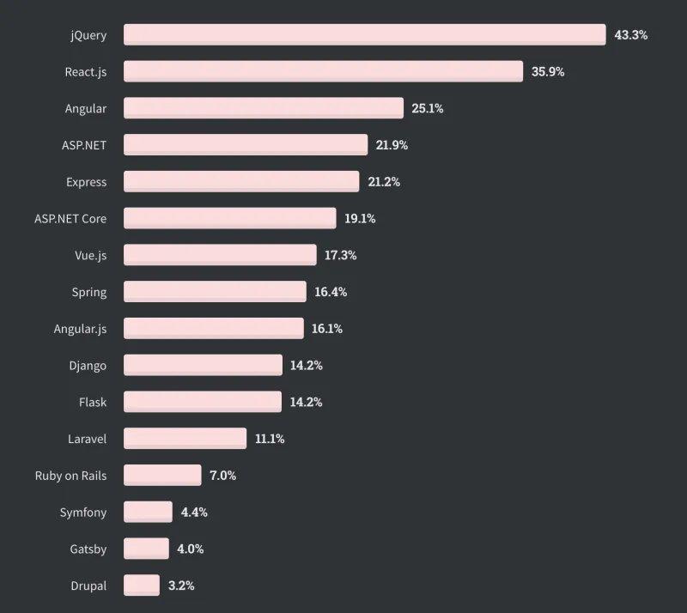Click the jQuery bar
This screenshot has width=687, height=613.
point(365,35)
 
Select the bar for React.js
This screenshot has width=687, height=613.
point(323,71)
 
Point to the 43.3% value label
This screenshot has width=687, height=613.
point(630,35)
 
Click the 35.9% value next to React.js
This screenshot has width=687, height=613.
point(548,72)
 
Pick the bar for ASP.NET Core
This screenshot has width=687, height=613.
point(229,218)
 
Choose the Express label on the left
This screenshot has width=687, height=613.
point(86,182)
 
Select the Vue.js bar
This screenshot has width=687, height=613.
point(220,255)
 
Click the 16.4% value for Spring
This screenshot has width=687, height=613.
point(331,292)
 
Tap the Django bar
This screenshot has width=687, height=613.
point(203,365)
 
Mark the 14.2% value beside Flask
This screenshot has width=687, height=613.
point(306,402)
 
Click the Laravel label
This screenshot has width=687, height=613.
point(87,439)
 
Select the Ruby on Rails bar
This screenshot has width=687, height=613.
point(162,475)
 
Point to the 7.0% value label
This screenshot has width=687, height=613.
point(222,476)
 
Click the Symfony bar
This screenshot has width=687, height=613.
point(148,512)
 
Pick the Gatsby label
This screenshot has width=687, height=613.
point(88,549)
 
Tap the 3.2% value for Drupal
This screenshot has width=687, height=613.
point(181,586)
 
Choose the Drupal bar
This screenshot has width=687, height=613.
point(142,585)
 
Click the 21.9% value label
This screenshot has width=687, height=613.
point(392,145)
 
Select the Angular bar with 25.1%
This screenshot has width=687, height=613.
point(264,108)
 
